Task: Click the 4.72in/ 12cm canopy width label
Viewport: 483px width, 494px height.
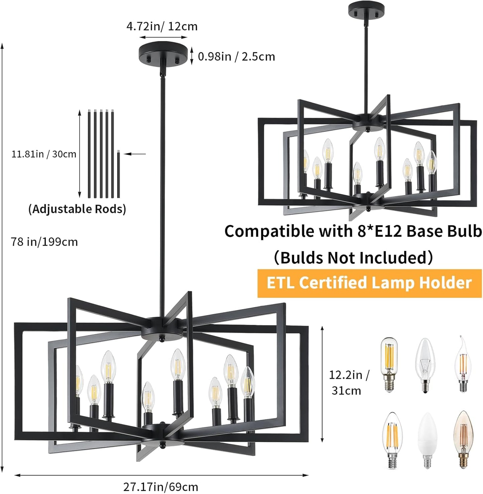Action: pyautogui.click(x=162, y=26)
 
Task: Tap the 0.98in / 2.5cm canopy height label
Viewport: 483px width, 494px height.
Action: pyautogui.click(x=236, y=56)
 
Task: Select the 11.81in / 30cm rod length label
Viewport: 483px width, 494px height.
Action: pyautogui.click(x=44, y=154)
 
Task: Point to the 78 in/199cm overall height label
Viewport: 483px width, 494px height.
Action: pyautogui.click(x=44, y=242)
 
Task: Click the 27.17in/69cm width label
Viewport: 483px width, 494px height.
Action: pyautogui.click(x=161, y=487)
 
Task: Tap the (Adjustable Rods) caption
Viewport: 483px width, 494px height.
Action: pyautogui.click(x=77, y=209)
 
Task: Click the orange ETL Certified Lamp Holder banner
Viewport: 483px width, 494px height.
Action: pyautogui.click(x=369, y=283)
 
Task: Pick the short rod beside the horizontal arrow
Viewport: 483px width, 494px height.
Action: pyautogui.click(x=118, y=174)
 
